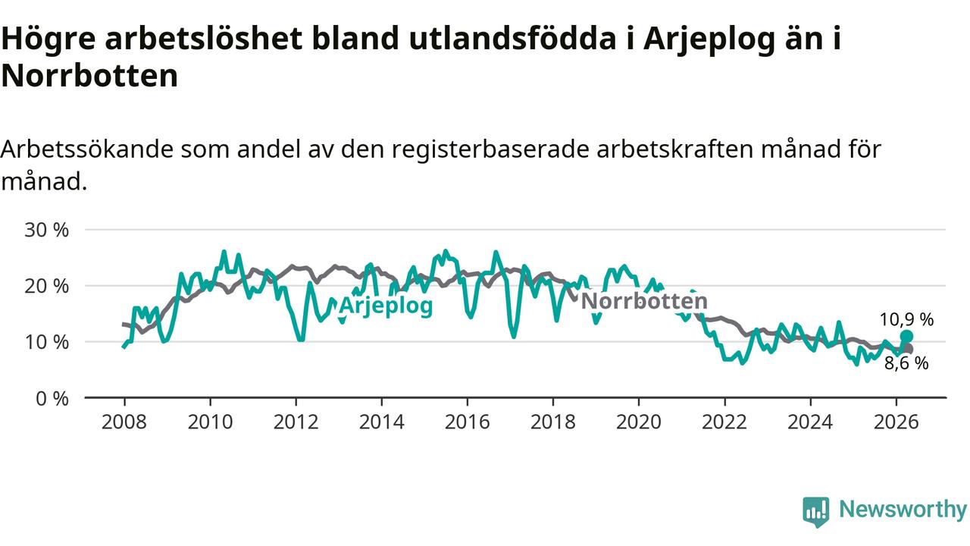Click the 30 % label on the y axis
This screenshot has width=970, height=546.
pos(46,230)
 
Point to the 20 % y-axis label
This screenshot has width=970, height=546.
pos(46,287)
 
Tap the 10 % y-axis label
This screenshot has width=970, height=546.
pos(46,342)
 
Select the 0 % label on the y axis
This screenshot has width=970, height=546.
pos(52,399)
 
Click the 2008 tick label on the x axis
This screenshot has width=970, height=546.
pos(124,422)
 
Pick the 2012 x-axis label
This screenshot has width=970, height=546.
pos(296,422)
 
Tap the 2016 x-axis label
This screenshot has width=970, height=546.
pos(468,422)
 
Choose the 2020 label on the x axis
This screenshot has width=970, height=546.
pos(639,422)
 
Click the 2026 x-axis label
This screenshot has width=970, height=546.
pos(896,422)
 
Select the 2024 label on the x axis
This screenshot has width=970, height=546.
pos(810,422)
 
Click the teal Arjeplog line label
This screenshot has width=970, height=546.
pos(386,306)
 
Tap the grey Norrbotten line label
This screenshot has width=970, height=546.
pos(644,301)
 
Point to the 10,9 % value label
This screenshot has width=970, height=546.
pos(906,320)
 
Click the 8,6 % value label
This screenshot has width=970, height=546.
pos(906,363)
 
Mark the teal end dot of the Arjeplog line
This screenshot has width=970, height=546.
pos(906,336)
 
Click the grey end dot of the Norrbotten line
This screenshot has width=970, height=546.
pos(908,350)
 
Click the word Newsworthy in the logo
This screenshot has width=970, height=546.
pos(903,509)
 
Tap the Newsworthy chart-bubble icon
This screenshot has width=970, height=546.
pos(816,511)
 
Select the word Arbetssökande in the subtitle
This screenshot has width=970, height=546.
pos(86,149)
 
